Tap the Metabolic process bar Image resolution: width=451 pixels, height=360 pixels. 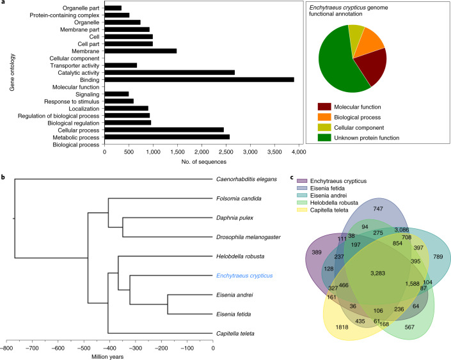tap(166, 136)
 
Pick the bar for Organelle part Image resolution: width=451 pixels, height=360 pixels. tap(113, 8)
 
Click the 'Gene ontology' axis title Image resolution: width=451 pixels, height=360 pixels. tap(11, 79)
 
